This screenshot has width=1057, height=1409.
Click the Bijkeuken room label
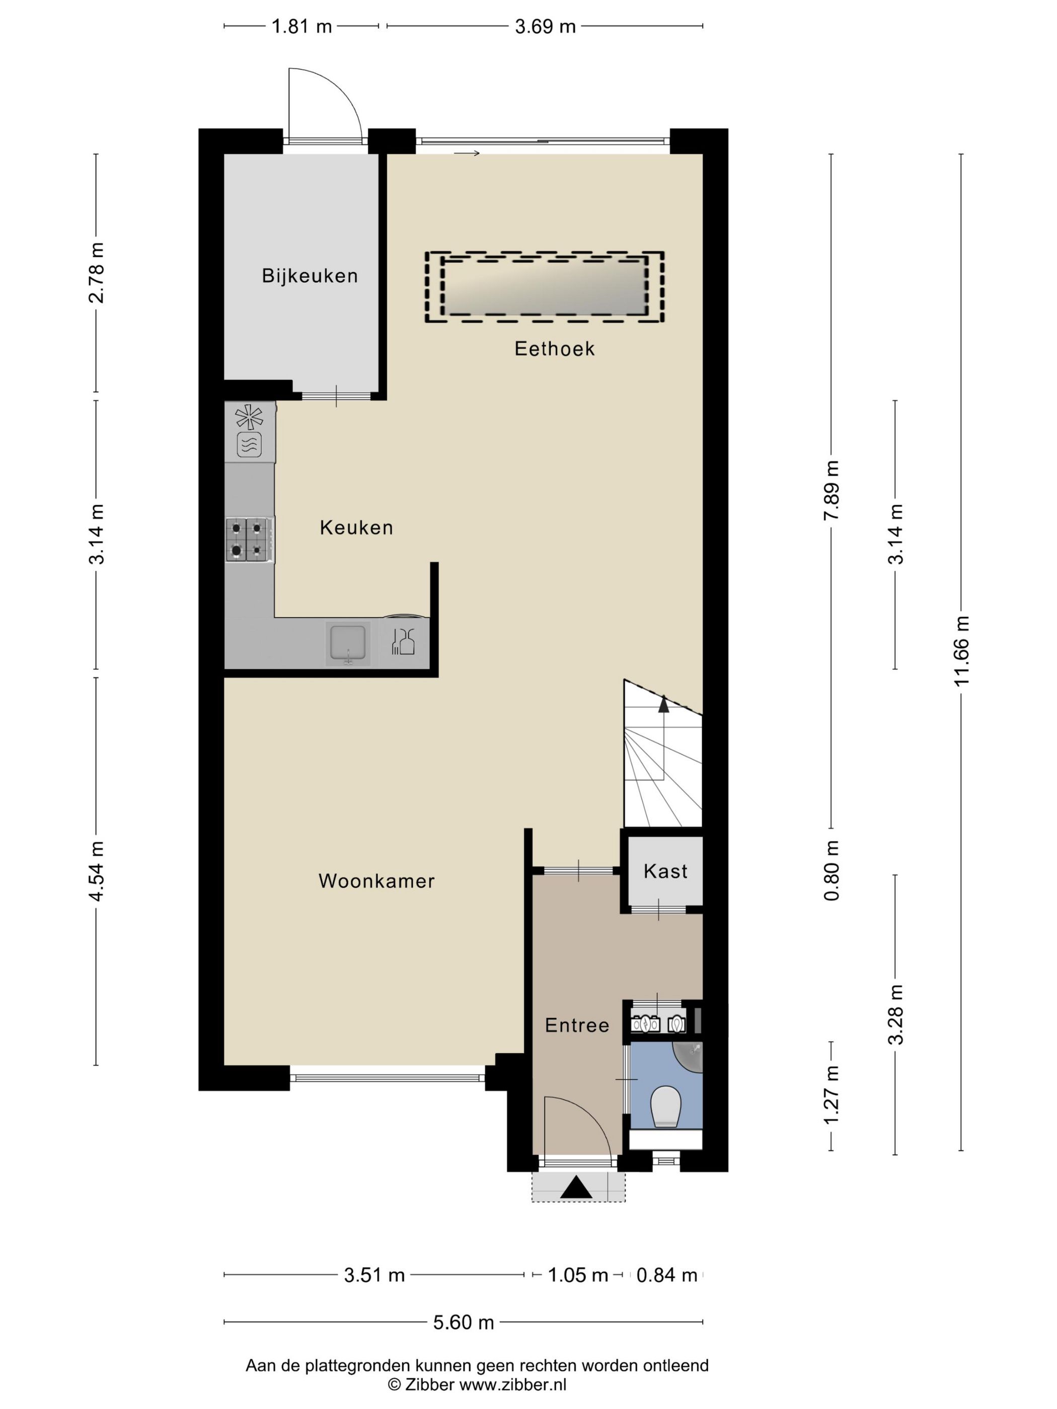pyautogui.click(x=310, y=276)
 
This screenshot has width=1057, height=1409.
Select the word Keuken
pyautogui.click(x=356, y=527)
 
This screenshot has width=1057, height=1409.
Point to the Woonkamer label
pyautogui.click(x=376, y=881)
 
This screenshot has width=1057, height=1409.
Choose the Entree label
pyautogui.click(x=577, y=1025)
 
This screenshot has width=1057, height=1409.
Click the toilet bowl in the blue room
pyautogui.click(x=666, y=1107)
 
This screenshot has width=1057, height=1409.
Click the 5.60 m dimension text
pyautogui.click(x=463, y=1322)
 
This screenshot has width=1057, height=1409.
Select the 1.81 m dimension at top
pyautogui.click(x=301, y=26)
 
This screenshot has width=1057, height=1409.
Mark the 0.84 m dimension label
pyautogui.click(x=666, y=1275)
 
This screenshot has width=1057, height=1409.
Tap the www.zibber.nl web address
pyautogui.click(x=513, y=1384)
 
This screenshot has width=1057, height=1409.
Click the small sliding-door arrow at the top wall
pyautogui.click(x=467, y=153)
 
